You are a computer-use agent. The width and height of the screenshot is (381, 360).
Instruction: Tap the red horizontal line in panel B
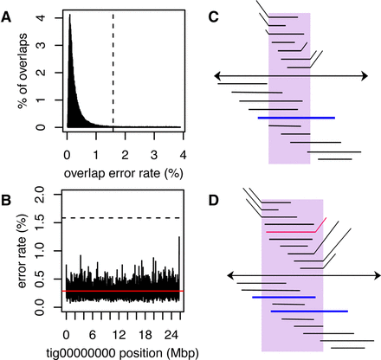[121, 292]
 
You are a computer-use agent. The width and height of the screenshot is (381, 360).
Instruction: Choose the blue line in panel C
[296, 118]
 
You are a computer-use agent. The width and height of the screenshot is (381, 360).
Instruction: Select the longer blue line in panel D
[309, 310]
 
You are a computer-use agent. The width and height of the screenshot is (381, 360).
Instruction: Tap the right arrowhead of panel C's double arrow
[368, 76]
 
